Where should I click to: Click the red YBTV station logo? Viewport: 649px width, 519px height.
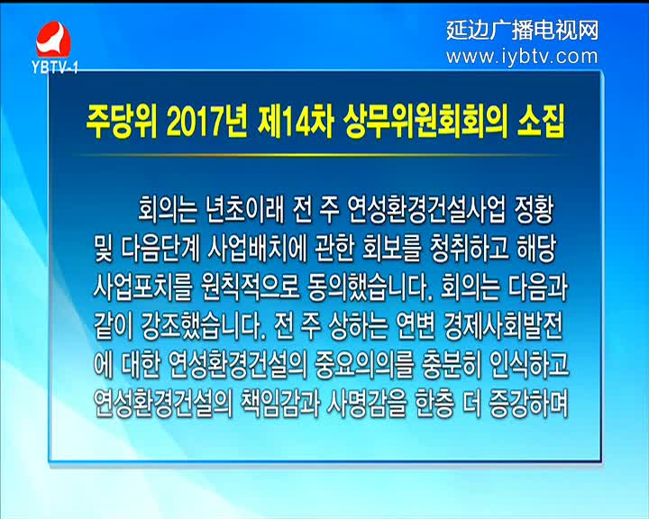click(x=53, y=40)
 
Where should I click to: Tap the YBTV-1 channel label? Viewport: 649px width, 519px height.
click(x=55, y=68)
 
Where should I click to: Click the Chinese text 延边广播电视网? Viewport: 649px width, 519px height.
click(x=523, y=31)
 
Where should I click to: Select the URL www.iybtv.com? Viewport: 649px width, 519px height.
click(x=522, y=56)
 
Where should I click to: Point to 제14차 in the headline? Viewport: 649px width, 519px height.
click(x=295, y=123)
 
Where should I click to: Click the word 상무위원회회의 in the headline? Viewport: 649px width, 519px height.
click(x=425, y=123)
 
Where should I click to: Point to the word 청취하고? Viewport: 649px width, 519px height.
click(x=463, y=250)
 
